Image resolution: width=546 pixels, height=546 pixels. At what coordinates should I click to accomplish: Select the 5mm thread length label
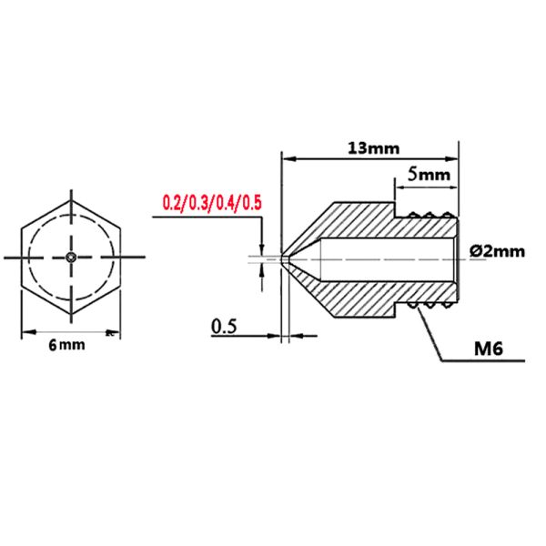pyautogui.click(x=426, y=171)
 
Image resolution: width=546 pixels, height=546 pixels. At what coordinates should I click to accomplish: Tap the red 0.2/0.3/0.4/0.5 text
pyautogui.click(x=211, y=202)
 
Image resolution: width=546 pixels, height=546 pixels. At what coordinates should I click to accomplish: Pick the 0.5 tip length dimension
pyautogui.click(x=225, y=325)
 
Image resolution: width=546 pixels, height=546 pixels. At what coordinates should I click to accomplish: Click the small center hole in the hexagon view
pyautogui.click(x=71, y=258)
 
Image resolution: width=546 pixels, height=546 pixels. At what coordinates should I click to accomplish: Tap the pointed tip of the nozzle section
pyautogui.click(x=285, y=258)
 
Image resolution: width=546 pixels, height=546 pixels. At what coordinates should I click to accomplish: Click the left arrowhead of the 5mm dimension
pyautogui.click(x=397, y=182)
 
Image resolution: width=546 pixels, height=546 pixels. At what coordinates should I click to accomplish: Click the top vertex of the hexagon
pyautogui.click(x=71, y=193)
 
